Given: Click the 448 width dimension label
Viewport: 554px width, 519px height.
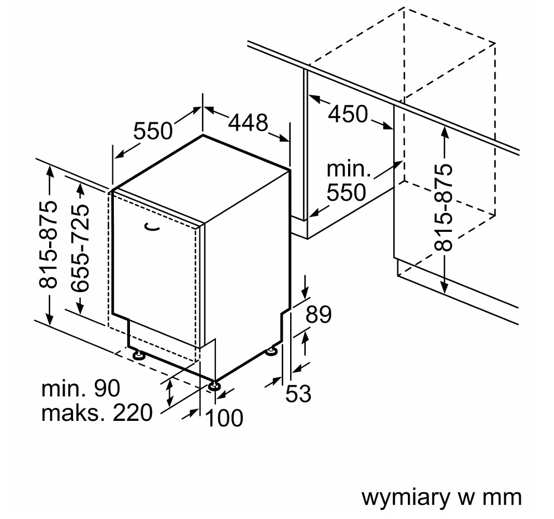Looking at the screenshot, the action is (x=248, y=123).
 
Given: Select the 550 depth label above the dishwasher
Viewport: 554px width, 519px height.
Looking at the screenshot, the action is (x=153, y=130).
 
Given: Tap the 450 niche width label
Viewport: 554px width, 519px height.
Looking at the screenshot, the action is (x=348, y=114).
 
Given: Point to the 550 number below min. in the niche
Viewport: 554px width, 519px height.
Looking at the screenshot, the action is (x=346, y=192).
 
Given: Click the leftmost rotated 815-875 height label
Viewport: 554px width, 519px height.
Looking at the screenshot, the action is (x=47, y=245).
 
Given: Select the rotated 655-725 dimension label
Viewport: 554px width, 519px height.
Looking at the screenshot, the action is (x=80, y=248).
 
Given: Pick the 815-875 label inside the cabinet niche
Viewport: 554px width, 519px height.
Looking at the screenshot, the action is (x=443, y=207).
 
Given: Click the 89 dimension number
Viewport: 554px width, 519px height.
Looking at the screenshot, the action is (x=319, y=314).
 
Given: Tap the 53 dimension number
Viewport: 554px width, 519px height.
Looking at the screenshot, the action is (x=298, y=394).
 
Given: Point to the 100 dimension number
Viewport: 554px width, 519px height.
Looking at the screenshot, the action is (x=224, y=418).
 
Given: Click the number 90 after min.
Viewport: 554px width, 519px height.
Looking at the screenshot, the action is (x=107, y=389).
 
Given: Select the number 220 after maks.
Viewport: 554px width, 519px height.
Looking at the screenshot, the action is (x=132, y=413).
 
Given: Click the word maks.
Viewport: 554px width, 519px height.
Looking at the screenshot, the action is (x=73, y=413).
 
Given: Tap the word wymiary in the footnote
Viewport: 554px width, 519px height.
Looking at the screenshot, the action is (x=405, y=498).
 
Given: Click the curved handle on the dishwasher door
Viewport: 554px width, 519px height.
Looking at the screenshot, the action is (x=152, y=227).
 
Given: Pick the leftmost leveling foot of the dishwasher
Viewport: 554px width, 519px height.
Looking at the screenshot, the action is (x=138, y=355).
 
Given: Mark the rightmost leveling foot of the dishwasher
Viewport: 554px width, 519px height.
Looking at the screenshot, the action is (x=272, y=351).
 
